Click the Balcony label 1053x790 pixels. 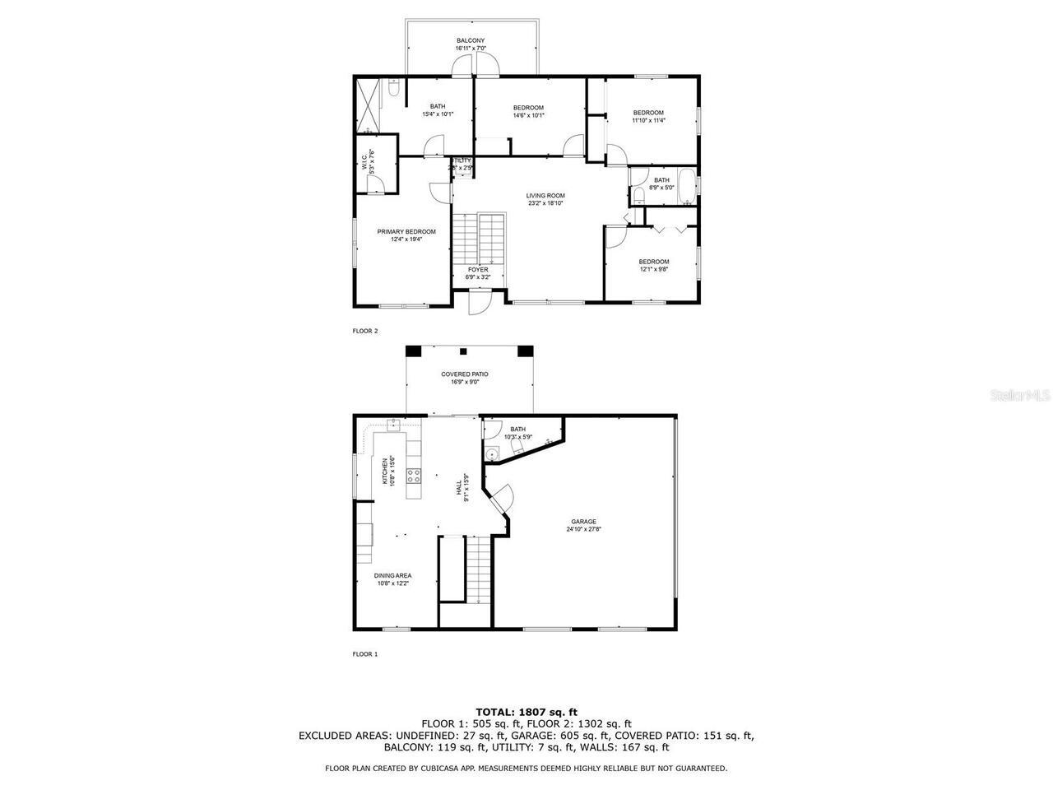(471, 44)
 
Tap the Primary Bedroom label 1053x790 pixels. (406, 235)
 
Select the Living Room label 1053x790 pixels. (545, 199)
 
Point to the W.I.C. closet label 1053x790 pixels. (368, 161)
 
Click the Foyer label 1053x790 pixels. (478, 273)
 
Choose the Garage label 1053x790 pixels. (584, 525)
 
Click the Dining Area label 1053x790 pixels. (392, 579)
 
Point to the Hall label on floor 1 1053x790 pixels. (462, 487)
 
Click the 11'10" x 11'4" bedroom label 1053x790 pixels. (648, 116)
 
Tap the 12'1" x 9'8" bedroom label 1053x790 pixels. (654, 265)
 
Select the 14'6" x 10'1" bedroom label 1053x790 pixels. (528, 111)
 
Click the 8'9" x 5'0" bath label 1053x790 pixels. (661, 184)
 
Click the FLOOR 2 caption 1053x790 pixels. (365, 331)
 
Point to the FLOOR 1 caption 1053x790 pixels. (365, 654)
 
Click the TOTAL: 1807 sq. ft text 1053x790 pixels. (526, 711)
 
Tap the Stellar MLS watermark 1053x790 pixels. (1020, 396)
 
